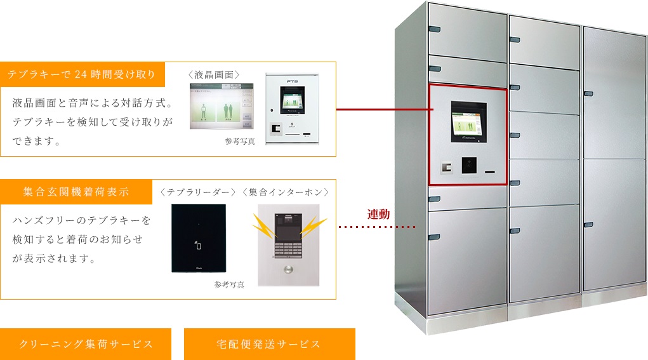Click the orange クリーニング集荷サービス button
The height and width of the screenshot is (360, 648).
coord(86,344)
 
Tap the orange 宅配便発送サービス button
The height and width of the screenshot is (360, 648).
coord(269,344)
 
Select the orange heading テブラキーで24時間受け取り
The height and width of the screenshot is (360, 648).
coord(83,74)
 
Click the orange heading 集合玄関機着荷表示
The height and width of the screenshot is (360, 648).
coord(76,191)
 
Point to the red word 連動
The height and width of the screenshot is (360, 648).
coord(378,214)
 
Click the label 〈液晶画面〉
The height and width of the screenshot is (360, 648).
coord(214,74)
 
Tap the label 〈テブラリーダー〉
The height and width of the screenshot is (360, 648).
coord(199,191)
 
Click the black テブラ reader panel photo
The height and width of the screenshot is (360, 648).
coord(199,238)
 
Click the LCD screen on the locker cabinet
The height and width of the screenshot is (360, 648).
coord(468,121)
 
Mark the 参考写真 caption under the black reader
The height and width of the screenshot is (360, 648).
coord(229,285)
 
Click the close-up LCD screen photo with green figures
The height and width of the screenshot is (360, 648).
coord(221,105)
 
